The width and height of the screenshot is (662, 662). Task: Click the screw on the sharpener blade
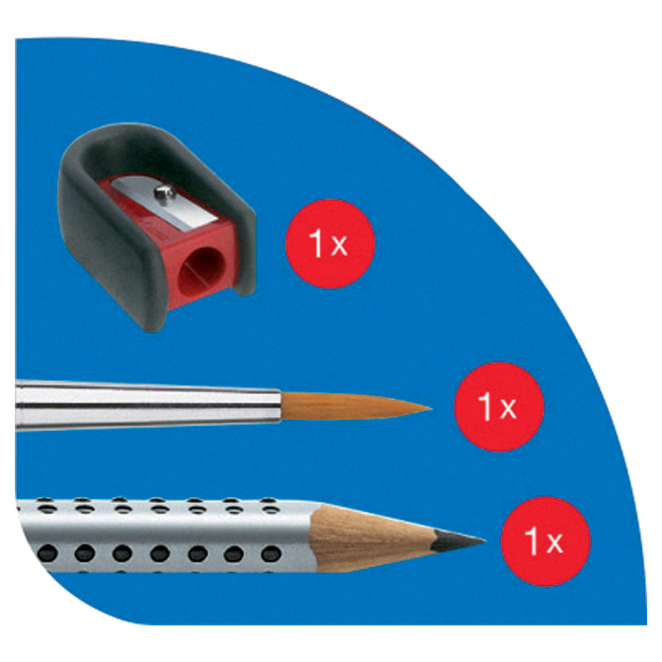[164, 194]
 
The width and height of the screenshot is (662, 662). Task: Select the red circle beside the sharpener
[330, 244]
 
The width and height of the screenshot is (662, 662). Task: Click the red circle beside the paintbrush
[499, 407]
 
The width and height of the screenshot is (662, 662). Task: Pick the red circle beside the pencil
[545, 541]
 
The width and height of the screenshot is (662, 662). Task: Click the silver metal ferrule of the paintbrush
[148, 405]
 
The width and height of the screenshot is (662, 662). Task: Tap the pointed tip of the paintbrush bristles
[431, 408]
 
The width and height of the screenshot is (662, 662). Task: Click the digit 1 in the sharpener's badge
[316, 243]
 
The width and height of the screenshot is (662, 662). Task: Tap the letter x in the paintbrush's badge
[508, 409]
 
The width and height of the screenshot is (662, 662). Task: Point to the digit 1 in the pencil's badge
[532, 540]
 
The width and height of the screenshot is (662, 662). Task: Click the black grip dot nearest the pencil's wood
[271, 552]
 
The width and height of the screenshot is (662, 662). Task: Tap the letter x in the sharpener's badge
[339, 246]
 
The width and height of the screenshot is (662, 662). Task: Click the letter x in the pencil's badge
[554, 543]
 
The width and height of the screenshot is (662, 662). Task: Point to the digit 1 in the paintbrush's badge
[485, 406]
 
